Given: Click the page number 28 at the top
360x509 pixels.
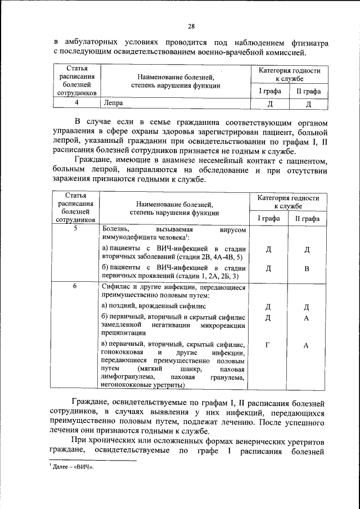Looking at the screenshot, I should (191, 26).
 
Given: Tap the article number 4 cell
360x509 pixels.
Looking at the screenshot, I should (75, 103).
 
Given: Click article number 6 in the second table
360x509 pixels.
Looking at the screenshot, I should (75, 286).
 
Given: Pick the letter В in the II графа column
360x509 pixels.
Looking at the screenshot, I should (306, 268).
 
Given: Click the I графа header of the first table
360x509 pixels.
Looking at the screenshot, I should (269, 91).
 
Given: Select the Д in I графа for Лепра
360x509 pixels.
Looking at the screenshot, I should (269, 103).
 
